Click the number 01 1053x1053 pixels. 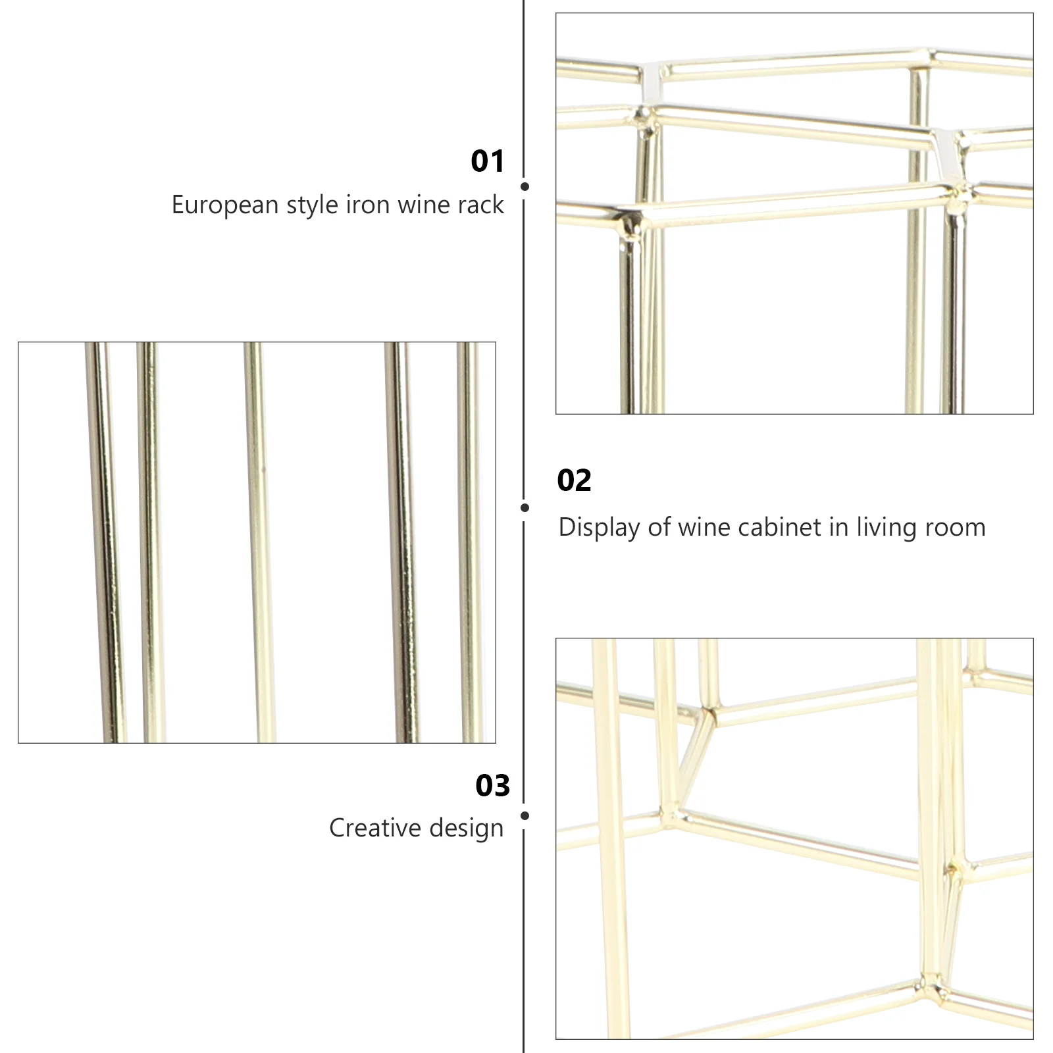click(x=487, y=161)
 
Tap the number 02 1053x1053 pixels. click(x=574, y=480)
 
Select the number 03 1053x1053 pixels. click(x=492, y=786)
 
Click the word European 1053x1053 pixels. click(x=225, y=205)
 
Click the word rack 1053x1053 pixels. click(x=481, y=205)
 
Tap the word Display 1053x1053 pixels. click(x=599, y=528)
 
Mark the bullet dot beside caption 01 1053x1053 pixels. click(x=525, y=187)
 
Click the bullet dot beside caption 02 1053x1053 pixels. click(x=525, y=507)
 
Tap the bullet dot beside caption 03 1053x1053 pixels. click(x=525, y=816)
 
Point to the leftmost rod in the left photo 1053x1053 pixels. click(x=105, y=540)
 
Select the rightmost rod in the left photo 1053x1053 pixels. click(x=470, y=540)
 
